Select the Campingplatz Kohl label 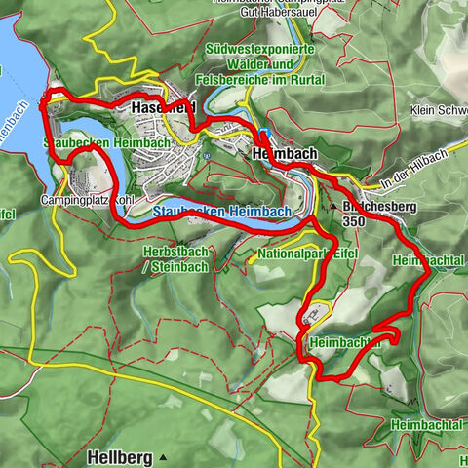pos(87,200)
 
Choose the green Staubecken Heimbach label pos(107,143)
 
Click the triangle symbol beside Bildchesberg pos(334,208)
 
